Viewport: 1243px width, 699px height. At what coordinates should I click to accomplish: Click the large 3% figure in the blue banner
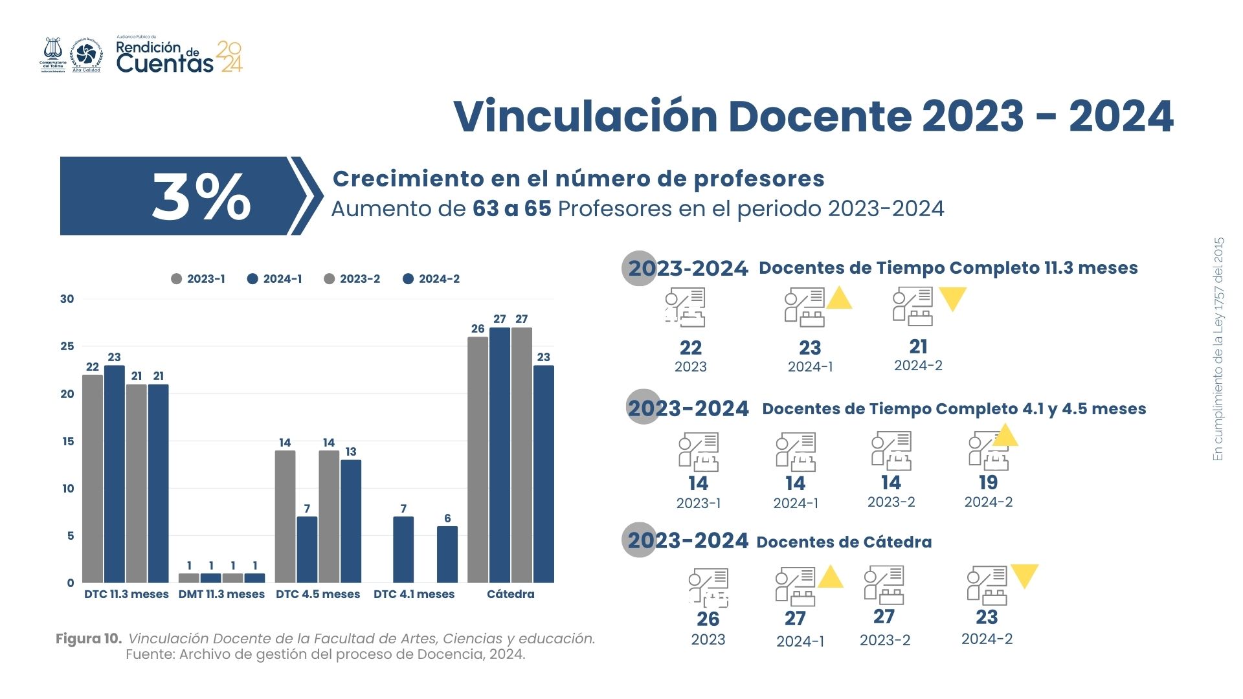(201, 197)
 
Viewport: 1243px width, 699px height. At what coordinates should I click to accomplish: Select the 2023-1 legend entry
(198, 279)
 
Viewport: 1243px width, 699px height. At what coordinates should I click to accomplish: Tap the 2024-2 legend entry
(431, 279)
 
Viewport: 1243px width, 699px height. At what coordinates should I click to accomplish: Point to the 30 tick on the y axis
(67, 299)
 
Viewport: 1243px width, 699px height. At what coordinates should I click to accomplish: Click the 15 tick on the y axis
(68, 441)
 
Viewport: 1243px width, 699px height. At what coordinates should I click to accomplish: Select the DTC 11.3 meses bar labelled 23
(115, 474)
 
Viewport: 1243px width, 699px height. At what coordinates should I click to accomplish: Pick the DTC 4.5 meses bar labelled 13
(351, 521)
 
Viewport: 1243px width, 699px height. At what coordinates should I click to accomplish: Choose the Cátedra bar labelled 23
(544, 474)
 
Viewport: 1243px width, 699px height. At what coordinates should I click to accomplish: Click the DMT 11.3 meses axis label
(221, 594)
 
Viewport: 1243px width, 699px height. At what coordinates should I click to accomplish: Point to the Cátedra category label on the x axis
(511, 594)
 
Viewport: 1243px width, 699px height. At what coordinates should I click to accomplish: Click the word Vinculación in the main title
(585, 116)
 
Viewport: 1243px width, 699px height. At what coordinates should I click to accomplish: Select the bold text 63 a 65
(511, 209)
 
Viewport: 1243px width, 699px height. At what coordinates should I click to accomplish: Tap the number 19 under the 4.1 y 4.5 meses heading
(988, 483)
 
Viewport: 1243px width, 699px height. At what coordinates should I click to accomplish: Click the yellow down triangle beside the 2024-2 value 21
(952, 298)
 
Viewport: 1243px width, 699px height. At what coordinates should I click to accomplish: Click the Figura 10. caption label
(89, 639)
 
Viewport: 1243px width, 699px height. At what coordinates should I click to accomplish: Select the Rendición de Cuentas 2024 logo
(179, 56)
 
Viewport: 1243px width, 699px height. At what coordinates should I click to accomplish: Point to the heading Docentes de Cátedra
(844, 542)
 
